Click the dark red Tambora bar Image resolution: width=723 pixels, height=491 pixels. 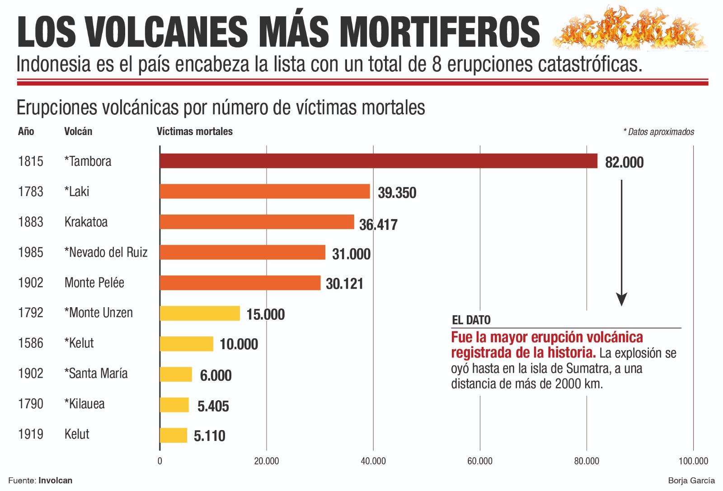pos(378,161)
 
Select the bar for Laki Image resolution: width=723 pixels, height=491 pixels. pos(264,192)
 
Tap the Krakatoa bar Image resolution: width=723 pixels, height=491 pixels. pos(257,222)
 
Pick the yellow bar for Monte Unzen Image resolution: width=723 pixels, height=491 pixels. pos(199,313)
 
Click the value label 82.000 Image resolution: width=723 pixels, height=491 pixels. pos(624,163)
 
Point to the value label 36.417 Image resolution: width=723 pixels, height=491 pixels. pos(378,224)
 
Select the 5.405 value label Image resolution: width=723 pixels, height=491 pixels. pos(213,406)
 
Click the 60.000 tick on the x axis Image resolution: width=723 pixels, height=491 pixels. pos(479,461)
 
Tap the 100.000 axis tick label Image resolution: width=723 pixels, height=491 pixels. pos(693,461)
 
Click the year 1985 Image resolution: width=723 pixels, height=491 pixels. pos(31,252)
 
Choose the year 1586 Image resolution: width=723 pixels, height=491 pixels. pos(31,343)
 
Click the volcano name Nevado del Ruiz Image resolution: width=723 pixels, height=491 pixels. pos(106,252)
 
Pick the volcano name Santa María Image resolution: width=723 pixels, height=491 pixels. pos(96,374)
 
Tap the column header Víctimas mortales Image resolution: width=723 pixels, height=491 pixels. pos(194,131)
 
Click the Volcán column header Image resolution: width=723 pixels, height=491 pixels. pos(78,131)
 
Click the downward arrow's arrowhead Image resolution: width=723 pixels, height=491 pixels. pos(622,299)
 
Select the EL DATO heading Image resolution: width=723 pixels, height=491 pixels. pos(471,320)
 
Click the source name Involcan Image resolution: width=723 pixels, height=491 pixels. pos(55,481)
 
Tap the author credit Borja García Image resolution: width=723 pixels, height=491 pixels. pos(691,481)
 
